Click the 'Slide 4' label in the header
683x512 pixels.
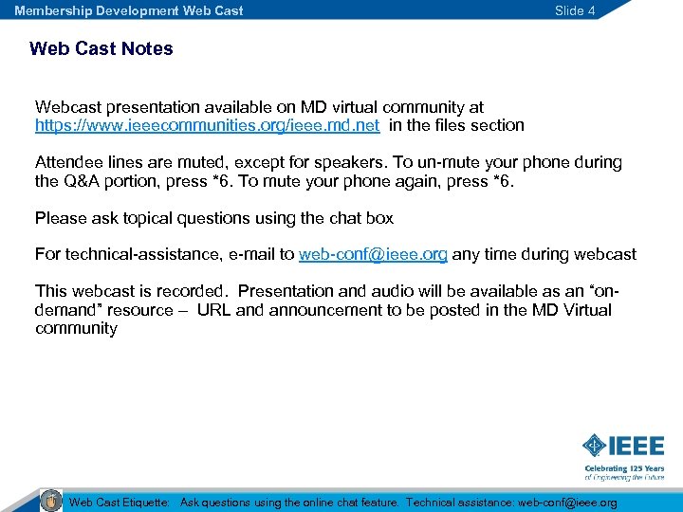(x=575, y=10)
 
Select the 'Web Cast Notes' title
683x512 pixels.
(x=102, y=48)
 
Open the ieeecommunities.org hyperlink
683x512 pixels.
(x=207, y=125)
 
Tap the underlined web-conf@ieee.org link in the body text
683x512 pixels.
(x=373, y=254)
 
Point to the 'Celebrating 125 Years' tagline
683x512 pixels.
(x=623, y=468)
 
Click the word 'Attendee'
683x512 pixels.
(x=68, y=162)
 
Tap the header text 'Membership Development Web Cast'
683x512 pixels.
(x=128, y=10)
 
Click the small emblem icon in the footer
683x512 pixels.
(x=51, y=501)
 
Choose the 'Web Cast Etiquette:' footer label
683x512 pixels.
(x=120, y=503)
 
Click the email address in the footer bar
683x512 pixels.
(x=567, y=503)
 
